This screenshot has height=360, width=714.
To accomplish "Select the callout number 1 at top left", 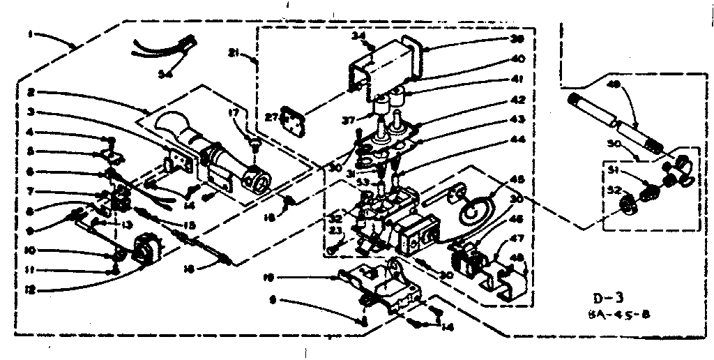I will click(x=31, y=33).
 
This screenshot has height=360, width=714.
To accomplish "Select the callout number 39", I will click(x=517, y=40).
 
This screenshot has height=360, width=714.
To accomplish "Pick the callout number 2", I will click(x=31, y=91).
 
